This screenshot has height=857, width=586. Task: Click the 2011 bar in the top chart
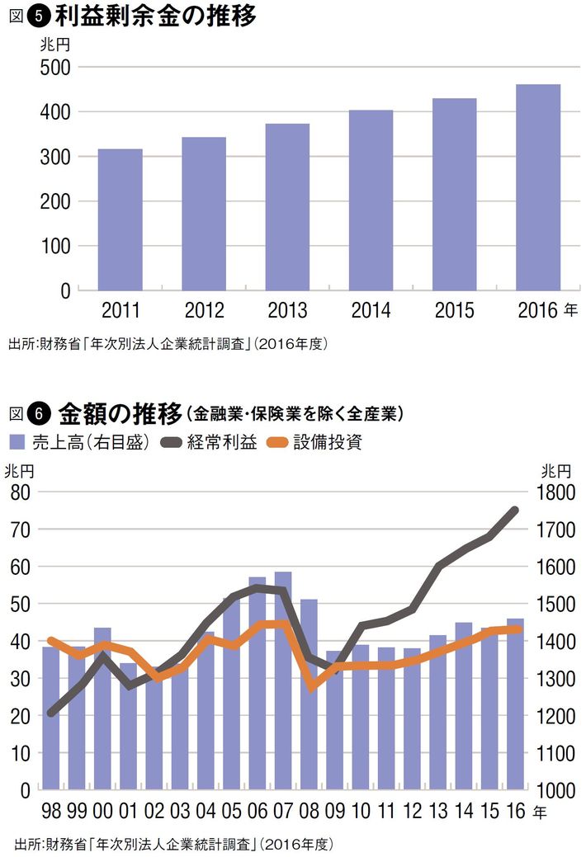point(120,219)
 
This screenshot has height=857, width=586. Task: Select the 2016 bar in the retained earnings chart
point(538,187)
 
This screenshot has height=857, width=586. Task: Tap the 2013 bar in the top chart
point(287,207)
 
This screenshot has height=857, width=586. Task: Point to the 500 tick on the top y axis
point(55,67)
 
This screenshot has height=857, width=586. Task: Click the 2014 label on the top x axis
point(371,312)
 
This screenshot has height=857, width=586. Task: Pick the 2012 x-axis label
point(204,312)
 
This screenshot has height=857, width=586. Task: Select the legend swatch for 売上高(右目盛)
point(17,442)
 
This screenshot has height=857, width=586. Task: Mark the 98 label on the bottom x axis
point(51,812)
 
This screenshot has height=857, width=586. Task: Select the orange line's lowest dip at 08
point(310,686)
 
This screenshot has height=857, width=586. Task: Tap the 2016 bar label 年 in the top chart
point(571,311)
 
